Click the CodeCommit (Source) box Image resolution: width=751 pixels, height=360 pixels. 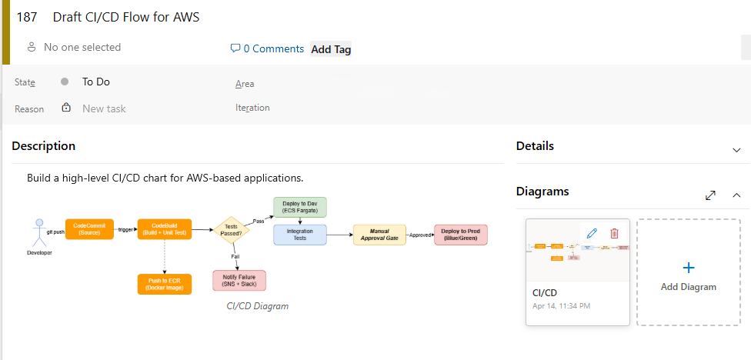pyautogui.click(x=89, y=229)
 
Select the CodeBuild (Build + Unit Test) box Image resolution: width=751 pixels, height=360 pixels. pyautogui.click(x=164, y=229)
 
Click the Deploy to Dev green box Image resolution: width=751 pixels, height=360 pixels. pyautogui.click(x=300, y=207)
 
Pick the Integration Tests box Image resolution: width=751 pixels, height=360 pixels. pyautogui.click(x=300, y=235)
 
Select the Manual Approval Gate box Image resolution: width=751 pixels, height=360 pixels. pyautogui.click(x=379, y=235)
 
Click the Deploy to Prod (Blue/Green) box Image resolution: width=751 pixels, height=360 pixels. pyautogui.click(x=461, y=235)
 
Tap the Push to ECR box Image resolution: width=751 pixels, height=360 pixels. pyautogui.click(x=164, y=284)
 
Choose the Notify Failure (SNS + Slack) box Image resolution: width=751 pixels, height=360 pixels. pyautogui.click(x=239, y=281)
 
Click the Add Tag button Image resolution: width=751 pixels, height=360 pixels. pyautogui.click(x=331, y=49)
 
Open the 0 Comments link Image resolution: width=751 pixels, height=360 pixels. pyautogui.click(x=267, y=48)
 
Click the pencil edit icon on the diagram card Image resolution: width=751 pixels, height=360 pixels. pyautogui.click(x=592, y=233)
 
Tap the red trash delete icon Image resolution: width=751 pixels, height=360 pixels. pyautogui.click(x=614, y=233)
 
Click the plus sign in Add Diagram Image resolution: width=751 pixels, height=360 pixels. pyautogui.click(x=689, y=268)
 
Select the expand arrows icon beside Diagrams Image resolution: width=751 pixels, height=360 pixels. pyautogui.click(x=710, y=195)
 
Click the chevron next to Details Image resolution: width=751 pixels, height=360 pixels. pyautogui.click(x=736, y=149)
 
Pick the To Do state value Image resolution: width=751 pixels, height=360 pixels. pyautogui.click(x=95, y=82)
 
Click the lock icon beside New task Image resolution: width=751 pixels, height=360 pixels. pyautogui.click(x=66, y=108)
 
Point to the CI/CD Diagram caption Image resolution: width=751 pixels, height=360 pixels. pyautogui.click(x=257, y=306)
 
